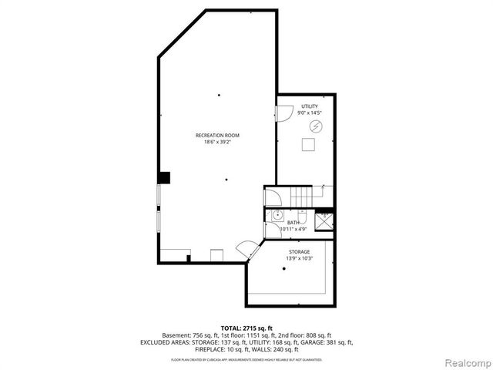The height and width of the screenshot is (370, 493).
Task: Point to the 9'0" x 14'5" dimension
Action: [308, 113]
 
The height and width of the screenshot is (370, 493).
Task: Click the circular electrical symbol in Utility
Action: [315, 126]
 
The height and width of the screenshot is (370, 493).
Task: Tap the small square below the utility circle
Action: [309, 145]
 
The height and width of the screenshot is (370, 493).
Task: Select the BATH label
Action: [293, 222]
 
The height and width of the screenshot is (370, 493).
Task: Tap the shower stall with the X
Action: [324, 220]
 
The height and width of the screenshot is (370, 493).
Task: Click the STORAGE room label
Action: [299, 251]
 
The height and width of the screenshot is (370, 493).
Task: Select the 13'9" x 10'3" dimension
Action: [299, 258]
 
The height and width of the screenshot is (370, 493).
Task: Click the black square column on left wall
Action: [163, 177]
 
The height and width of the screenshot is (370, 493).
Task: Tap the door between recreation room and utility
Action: [282, 113]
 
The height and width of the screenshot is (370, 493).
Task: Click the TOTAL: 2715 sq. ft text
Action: [246, 328]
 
